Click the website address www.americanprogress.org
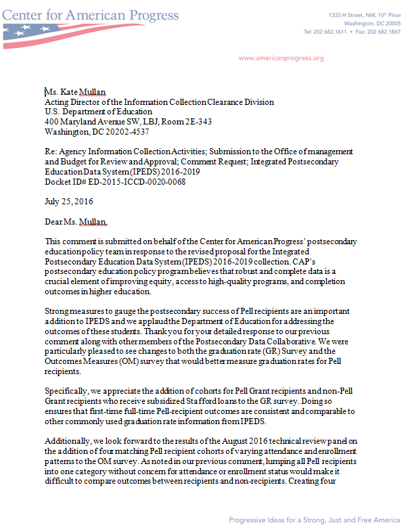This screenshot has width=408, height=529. (x=281, y=58)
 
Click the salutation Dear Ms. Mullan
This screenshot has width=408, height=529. (x=76, y=221)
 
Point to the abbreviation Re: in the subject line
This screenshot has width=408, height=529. (x=51, y=152)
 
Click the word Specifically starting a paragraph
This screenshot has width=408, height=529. (x=68, y=391)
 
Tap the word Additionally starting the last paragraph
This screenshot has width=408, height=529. (x=70, y=440)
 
